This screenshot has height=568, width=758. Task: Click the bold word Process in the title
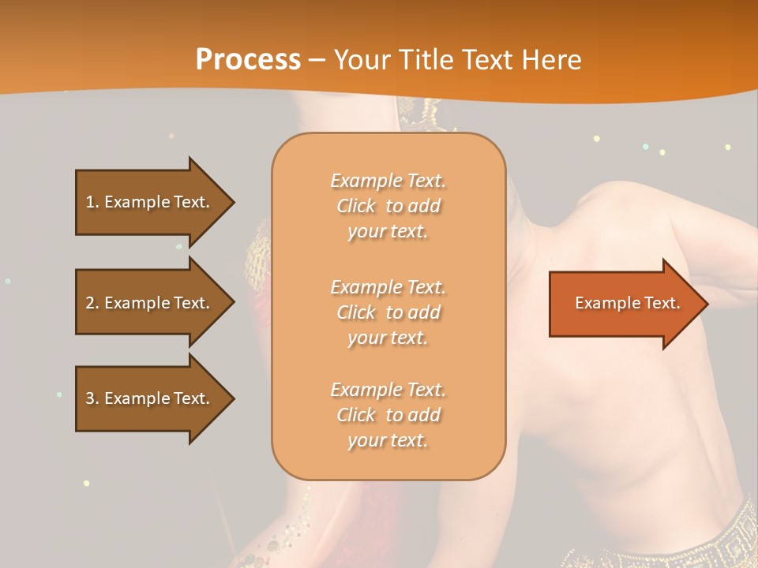248,60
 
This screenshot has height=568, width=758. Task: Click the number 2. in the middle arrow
92,303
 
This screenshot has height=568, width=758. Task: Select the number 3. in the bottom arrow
92,398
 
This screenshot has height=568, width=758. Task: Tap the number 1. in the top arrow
92,202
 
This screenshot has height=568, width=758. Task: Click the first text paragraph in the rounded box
388,206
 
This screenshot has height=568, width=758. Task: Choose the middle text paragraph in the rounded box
388,312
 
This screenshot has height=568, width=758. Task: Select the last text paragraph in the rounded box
388,415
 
